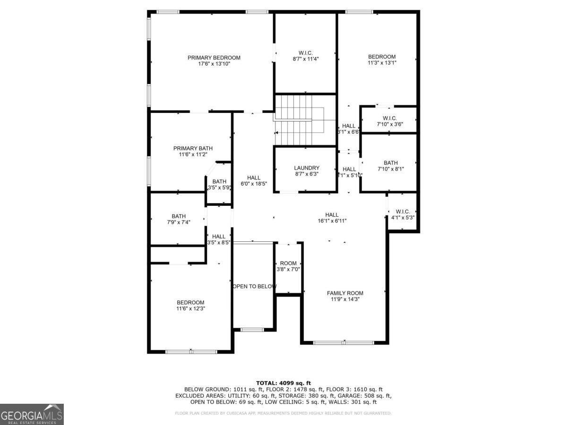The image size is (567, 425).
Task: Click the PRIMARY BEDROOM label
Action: pos(214,58)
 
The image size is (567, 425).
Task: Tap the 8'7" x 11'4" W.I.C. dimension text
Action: pos(306,59)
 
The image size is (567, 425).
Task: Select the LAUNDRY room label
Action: pos(306,168)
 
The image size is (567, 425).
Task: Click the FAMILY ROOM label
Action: pos(345,293)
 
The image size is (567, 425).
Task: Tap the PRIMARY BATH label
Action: pos(189,148)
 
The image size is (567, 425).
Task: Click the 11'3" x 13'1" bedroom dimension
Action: pos(382,62)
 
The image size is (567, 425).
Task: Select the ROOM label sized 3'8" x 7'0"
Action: pos(288,263)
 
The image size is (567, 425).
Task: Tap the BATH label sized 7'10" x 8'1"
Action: pos(390,163)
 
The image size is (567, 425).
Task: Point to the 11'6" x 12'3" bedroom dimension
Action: pos(190,308)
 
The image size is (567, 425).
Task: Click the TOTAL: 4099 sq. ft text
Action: pos(283,382)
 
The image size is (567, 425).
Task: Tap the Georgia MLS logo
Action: pos(32,414)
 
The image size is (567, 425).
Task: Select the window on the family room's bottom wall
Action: pos(344,342)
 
